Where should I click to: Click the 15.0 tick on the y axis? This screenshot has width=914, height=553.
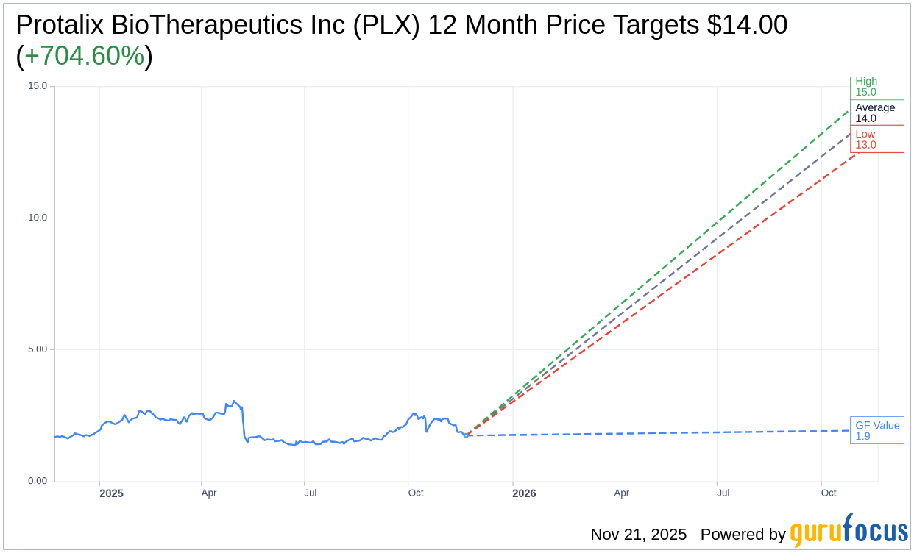click(x=37, y=86)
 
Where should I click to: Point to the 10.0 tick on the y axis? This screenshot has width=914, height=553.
click(x=37, y=218)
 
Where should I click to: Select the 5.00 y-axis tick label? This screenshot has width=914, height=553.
click(x=37, y=349)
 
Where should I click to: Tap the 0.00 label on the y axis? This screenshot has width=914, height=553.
click(x=37, y=481)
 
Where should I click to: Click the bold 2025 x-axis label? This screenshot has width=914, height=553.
click(x=111, y=493)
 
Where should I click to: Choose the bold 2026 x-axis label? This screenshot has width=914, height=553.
click(x=524, y=493)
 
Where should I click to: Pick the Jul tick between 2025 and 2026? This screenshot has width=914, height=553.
click(x=310, y=493)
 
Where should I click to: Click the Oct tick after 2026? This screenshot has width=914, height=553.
click(x=829, y=493)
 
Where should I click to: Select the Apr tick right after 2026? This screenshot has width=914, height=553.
click(x=621, y=493)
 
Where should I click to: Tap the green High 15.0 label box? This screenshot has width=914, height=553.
click(x=876, y=87)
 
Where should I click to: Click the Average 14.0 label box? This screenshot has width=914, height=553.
click(x=876, y=113)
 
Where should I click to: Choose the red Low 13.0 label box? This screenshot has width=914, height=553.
click(x=876, y=139)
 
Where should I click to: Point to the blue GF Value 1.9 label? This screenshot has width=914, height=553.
click(x=876, y=430)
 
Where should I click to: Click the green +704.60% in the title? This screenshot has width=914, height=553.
click(x=84, y=56)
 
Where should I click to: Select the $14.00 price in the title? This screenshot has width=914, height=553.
click(x=747, y=25)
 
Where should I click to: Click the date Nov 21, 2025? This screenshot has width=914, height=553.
click(x=638, y=534)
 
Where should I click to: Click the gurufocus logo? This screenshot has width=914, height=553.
click(x=849, y=531)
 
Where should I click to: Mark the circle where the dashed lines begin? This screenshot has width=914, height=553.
click(x=466, y=435)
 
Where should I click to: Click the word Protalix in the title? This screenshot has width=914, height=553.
click(x=60, y=25)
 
